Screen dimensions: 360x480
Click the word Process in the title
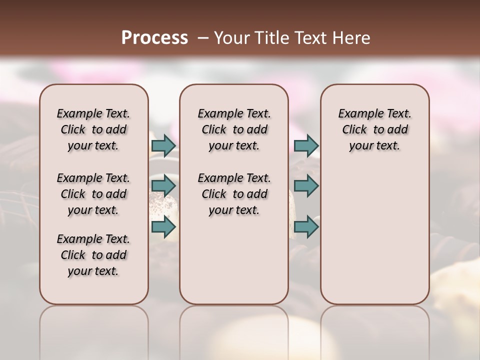tap(154, 38)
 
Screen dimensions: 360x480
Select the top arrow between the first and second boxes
tap(163, 146)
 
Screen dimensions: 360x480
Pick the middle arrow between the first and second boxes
tap(163, 186)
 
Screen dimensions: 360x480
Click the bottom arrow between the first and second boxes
tap(163, 227)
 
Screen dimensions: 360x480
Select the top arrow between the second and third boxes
tap(306, 146)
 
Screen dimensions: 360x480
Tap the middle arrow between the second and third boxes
tap(306, 186)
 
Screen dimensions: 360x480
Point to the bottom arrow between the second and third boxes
tap(306, 227)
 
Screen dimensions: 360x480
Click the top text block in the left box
tap(93, 129)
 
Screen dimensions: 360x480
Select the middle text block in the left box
tap(93, 194)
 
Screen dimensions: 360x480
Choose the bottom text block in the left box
tap(93, 255)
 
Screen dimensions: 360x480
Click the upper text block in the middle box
tap(234, 129)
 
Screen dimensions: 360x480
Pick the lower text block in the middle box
tap(234, 194)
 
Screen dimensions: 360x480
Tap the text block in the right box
tap(374, 129)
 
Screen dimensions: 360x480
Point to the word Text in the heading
tap(306, 38)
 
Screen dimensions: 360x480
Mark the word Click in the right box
tap(354, 130)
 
